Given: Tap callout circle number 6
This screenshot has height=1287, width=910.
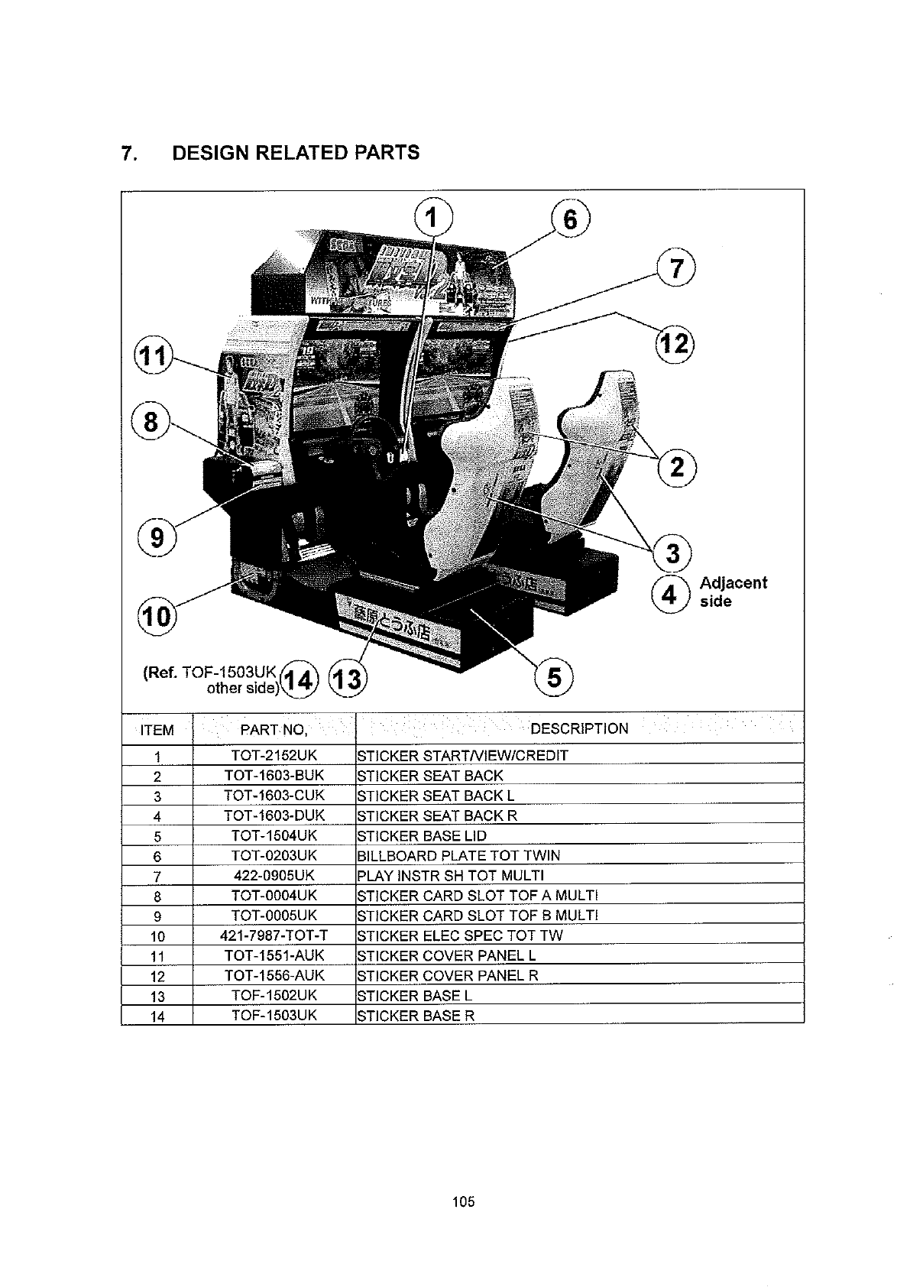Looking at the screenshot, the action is tap(571, 219).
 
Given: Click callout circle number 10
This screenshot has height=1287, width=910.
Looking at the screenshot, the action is tap(156, 615).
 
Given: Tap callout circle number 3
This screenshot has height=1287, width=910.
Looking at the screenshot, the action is tap(672, 553).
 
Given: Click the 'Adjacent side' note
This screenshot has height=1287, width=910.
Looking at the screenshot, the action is tap(733, 592).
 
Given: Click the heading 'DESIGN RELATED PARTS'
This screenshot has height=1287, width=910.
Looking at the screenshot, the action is tap(296, 153).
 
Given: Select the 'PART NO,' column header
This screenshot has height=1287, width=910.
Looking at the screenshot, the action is tap(274, 730).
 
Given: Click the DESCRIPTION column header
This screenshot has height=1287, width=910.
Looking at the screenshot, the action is tap(579, 728).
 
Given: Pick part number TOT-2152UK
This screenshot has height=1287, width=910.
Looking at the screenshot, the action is tap(274, 756).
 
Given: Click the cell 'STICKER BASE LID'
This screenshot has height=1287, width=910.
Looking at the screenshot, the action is tap(422, 835).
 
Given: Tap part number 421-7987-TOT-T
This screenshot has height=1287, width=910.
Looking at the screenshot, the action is tap(274, 935).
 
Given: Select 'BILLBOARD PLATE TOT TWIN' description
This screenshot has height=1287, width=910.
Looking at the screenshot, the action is tap(458, 855).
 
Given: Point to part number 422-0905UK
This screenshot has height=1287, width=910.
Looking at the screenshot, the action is tap(274, 875).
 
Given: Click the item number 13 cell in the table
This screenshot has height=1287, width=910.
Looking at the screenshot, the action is tap(157, 997).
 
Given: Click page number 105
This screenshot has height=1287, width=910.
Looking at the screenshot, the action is tap(463, 1202).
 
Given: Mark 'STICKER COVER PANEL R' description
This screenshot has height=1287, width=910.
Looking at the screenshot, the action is tap(448, 975).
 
